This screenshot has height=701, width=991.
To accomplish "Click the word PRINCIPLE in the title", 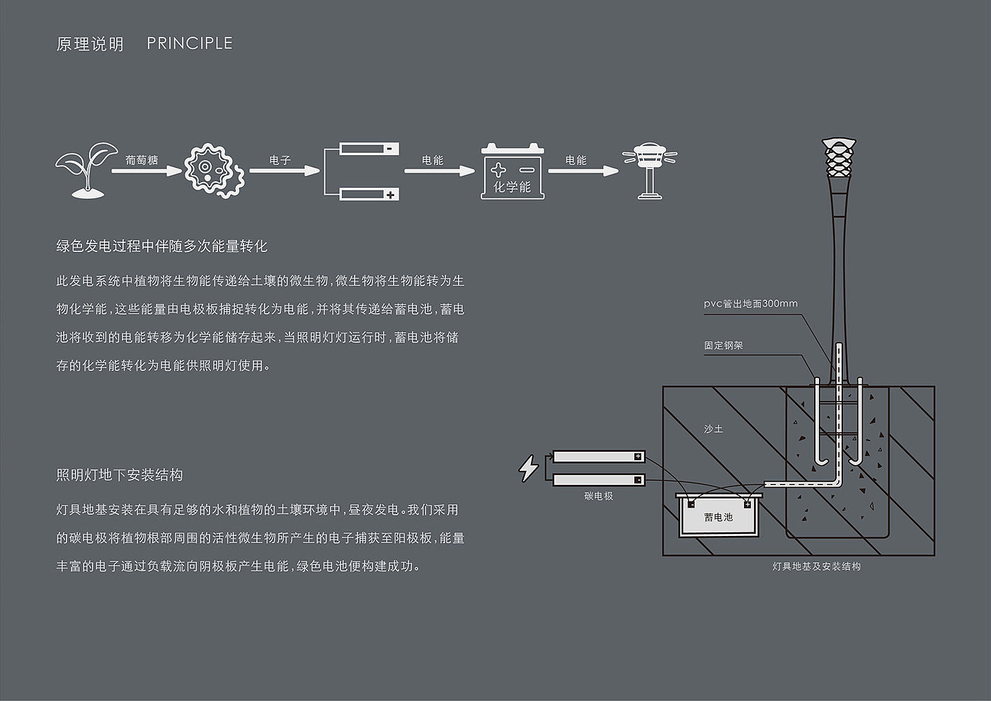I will click(189, 43).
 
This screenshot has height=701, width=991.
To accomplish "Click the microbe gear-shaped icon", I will click(214, 170).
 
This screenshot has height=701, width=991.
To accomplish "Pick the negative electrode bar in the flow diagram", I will click(369, 149).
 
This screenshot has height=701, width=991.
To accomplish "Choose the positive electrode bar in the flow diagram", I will click(369, 193).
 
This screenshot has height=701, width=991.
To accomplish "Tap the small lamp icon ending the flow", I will click(649, 171).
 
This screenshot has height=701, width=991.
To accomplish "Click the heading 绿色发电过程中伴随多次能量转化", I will click(162, 246).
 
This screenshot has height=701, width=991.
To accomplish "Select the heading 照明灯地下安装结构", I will click(120, 474).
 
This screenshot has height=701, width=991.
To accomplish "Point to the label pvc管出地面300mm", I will click(750, 304).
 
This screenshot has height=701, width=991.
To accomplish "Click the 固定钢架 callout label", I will click(723, 346).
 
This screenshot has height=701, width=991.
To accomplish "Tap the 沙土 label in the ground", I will click(713, 429).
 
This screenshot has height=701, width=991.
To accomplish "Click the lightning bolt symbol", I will click(529, 468).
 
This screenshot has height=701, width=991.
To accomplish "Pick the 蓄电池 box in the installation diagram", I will click(718, 517).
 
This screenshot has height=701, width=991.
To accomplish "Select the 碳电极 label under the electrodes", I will click(599, 496).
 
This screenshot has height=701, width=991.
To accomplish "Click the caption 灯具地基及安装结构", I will click(816, 566).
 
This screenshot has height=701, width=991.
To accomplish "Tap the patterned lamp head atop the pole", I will click(840, 159).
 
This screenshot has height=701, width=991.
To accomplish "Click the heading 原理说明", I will click(90, 44).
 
